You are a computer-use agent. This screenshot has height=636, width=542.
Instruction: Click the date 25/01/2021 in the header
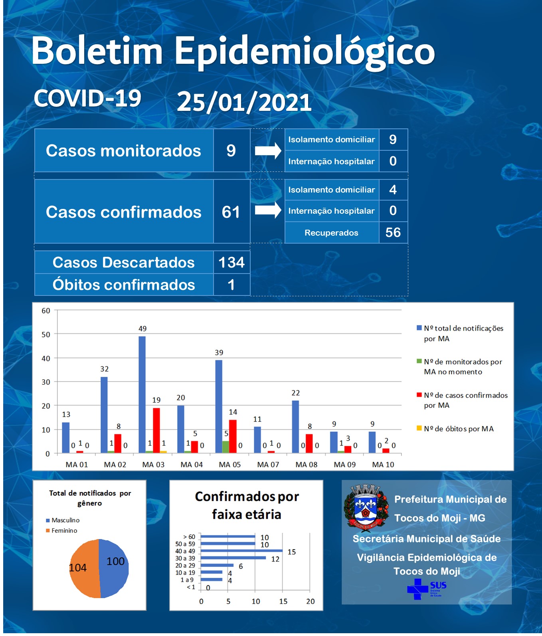tap(244, 102)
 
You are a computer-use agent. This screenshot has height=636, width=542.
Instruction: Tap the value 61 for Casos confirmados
tap(231, 212)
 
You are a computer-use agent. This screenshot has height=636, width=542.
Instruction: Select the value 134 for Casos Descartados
tap(231, 262)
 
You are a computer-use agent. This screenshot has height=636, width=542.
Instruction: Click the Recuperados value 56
tap(393, 232)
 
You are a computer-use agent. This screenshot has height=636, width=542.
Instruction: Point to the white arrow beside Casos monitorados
tap(268, 151)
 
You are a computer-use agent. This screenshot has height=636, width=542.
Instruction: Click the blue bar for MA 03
tap(142, 394)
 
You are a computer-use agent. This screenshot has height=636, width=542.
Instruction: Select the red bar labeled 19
tap(156, 430)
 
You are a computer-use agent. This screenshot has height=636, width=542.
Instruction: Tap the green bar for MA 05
tap(226, 447)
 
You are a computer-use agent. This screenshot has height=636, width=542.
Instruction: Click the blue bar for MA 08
tap(295, 427)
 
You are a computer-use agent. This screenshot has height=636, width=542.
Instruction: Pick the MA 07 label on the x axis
tap(268, 465)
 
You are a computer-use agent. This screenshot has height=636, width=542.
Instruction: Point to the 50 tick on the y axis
tap(46, 335)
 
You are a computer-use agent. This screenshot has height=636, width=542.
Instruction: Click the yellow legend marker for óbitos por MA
tap(419, 428)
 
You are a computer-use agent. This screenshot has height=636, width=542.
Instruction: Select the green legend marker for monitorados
tap(419, 361)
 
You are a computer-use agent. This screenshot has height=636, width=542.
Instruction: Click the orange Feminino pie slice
tap(85, 568)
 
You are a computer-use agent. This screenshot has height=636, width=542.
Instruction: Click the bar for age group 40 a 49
tap(241, 551)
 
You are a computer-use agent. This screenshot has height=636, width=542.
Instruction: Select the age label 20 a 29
tap(185, 565)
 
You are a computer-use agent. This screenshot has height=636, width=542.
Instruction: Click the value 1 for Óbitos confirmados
tap(231, 285)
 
